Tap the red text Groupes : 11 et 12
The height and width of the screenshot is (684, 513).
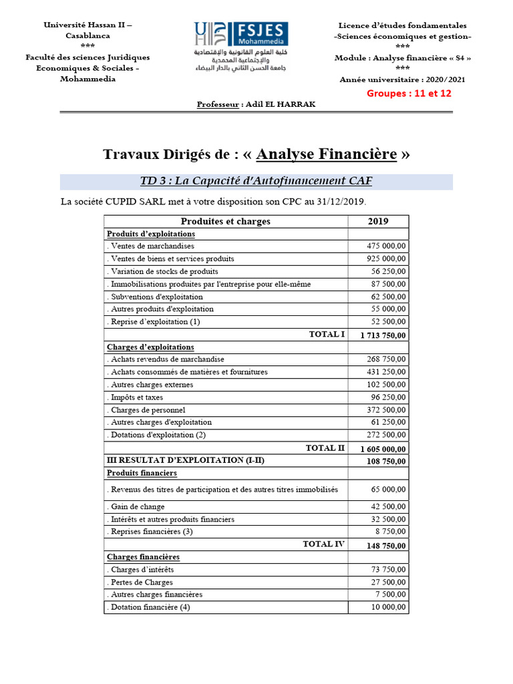tap(409, 94)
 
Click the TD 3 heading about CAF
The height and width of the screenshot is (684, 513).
tap(256, 181)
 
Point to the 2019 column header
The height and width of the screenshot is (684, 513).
tap(378, 221)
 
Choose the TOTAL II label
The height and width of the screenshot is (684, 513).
tap(325, 448)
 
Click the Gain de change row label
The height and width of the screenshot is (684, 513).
tap(139, 506)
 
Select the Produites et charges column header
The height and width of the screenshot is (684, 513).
tap(226, 221)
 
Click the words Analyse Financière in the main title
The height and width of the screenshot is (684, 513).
tap(327, 154)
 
